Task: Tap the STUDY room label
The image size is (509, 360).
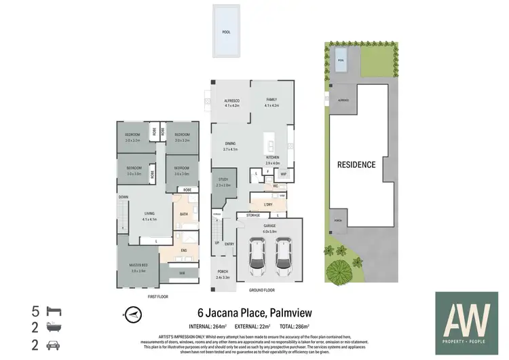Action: (x=223, y=181)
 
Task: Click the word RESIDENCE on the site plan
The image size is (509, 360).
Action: (x=356, y=164)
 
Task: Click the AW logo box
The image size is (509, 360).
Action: (x=466, y=321)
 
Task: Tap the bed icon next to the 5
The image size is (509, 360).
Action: (x=52, y=312)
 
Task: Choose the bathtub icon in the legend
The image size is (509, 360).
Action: (x=52, y=329)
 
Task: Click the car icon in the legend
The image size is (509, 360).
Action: (x=52, y=345)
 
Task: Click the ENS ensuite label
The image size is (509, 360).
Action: (x=183, y=251)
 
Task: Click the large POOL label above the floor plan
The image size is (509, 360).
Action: (x=226, y=32)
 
